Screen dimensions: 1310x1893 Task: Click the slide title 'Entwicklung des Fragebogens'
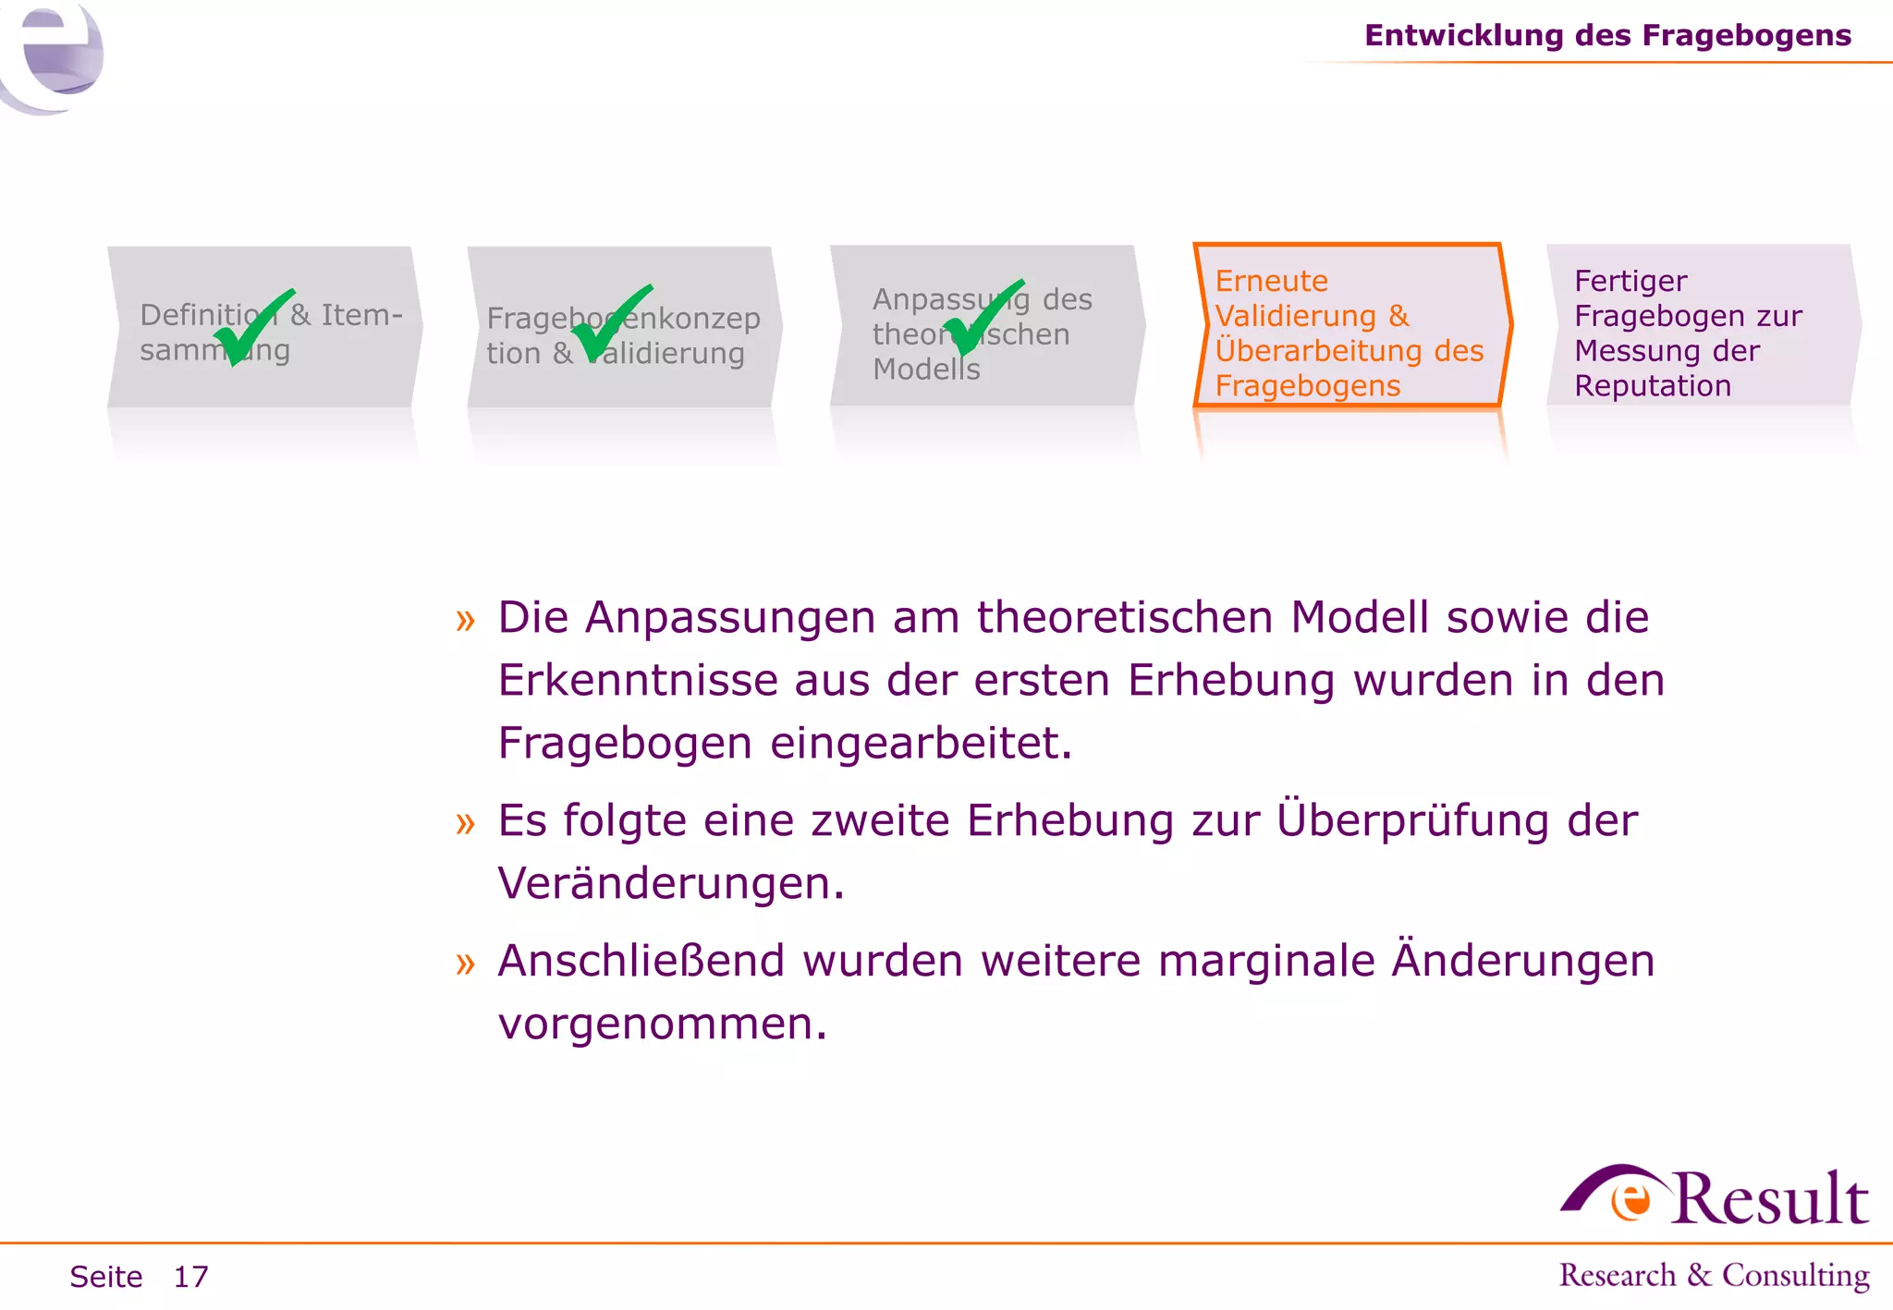[x=1607, y=35]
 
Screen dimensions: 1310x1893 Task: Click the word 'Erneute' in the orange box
[x=1271, y=281]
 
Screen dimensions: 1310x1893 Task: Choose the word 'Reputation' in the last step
[x=1652, y=386]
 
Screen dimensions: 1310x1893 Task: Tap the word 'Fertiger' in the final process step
[x=1630, y=281]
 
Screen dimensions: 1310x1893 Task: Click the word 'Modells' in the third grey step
[x=925, y=370]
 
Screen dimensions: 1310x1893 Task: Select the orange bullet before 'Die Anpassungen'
[x=465, y=620]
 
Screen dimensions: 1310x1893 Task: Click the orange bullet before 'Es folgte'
[x=465, y=822]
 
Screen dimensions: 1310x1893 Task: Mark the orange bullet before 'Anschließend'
[x=465, y=964]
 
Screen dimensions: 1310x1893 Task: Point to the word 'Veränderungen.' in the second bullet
[x=671, y=884]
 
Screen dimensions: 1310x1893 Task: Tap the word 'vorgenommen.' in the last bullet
[x=662, y=1025]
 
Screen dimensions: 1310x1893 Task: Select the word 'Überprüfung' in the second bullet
[x=1411, y=820]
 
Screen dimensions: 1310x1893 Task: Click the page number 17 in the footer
[x=191, y=1277]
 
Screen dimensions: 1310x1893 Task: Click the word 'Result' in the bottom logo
[x=1769, y=1199]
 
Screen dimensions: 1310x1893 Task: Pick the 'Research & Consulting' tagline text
[x=1714, y=1275]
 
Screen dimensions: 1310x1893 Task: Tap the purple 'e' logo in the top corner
[x=55, y=55]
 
